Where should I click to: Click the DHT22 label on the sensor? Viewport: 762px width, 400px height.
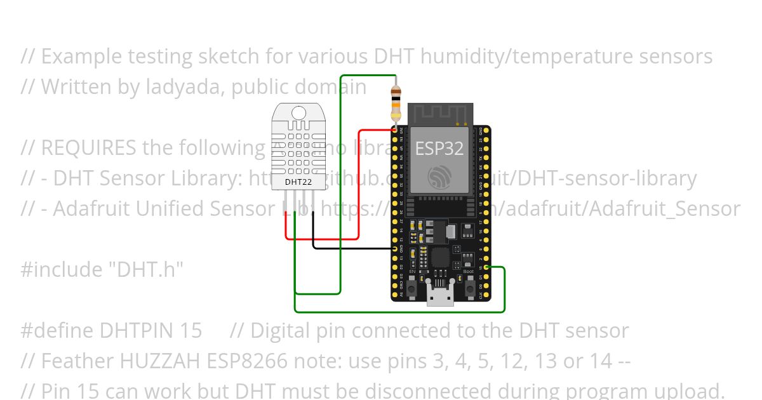tap(298, 182)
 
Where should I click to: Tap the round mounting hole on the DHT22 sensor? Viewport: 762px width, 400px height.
tap(298, 113)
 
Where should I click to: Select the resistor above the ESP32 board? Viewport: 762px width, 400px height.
tap(396, 103)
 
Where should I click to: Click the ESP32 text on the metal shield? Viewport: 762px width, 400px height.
tap(439, 149)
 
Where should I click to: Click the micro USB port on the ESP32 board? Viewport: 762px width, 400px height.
tap(440, 297)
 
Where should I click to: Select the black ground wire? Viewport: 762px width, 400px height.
tap(349, 248)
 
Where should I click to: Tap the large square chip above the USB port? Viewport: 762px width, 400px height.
tap(440, 258)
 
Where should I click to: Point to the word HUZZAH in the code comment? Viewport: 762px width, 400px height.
tap(161, 361)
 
